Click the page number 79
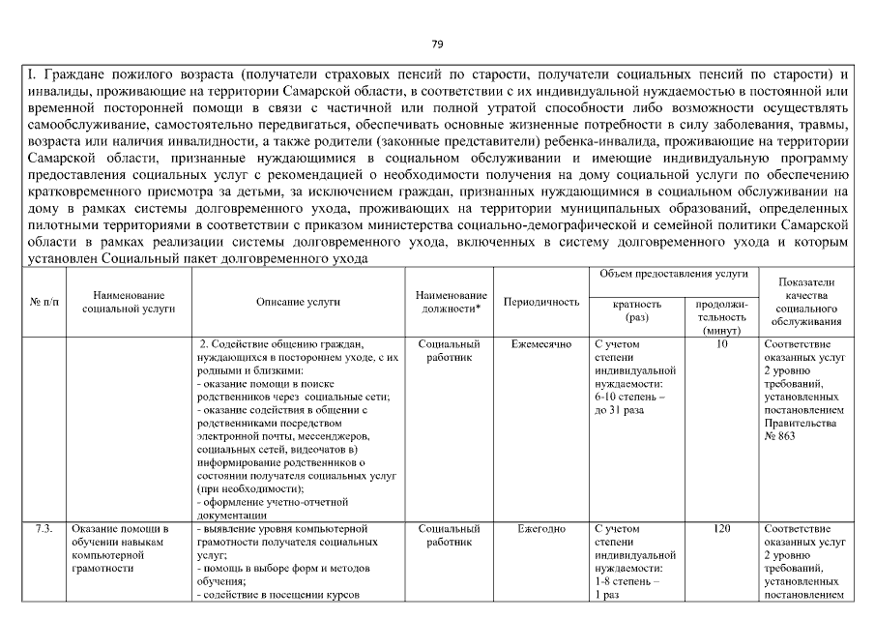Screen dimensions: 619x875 [x=437, y=44]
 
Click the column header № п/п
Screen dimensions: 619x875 [x=43, y=302]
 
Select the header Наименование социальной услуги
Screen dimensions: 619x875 [x=129, y=302]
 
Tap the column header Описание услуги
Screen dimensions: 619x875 [x=298, y=302]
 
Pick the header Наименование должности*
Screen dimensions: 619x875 [x=450, y=302]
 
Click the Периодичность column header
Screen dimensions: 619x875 [x=541, y=302]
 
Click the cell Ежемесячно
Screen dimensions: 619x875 [x=541, y=343]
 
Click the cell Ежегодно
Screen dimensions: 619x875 [x=541, y=529]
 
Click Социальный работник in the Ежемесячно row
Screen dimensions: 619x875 [x=450, y=350]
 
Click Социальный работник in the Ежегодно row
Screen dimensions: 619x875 [x=450, y=536]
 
